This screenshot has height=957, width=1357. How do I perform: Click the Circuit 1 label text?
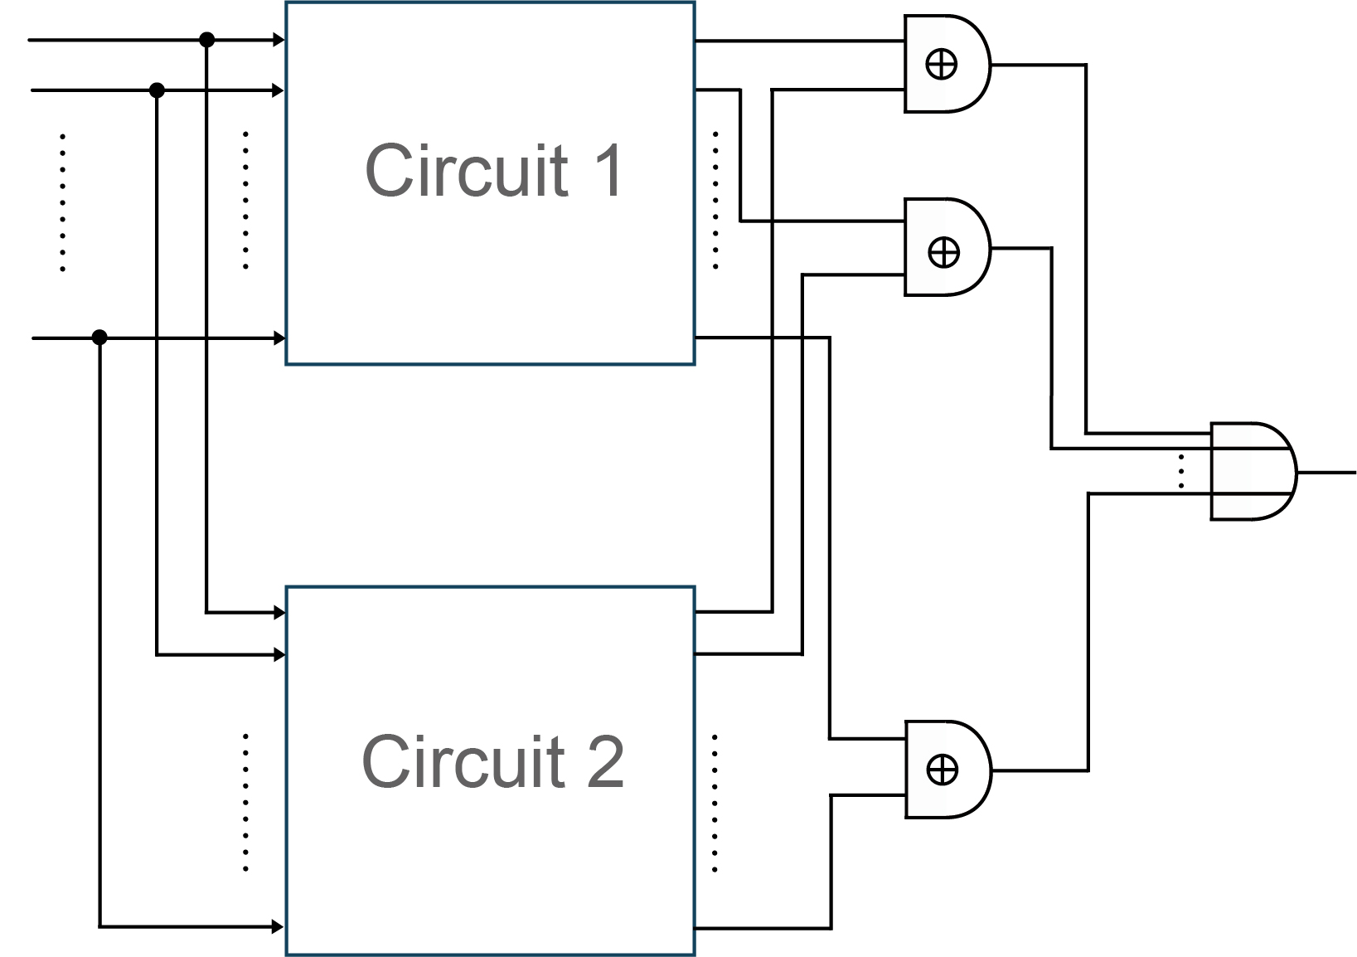tap(493, 171)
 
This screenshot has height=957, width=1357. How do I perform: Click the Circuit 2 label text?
tap(493, 761)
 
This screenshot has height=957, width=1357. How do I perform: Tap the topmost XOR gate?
tap(945, 64)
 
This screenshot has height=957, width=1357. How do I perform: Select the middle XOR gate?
tap(945, 247)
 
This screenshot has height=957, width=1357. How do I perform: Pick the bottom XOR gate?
tap(945, 770)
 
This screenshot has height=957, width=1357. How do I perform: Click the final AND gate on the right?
tap(1252, 471)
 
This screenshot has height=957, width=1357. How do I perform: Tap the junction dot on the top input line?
tap(207, 40)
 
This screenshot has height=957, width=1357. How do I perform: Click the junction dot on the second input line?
tap(157, 90)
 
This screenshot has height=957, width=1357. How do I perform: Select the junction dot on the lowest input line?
tap(99, 337)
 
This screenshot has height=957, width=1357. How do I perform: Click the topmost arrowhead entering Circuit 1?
tap(279, 40)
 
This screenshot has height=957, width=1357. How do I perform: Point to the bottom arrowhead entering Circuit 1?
tap(279, 338)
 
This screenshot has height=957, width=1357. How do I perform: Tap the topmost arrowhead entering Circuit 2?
tap(279, 613)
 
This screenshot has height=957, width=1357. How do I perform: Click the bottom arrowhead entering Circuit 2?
tap(279, 926)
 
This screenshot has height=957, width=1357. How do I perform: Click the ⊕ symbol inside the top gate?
tap(941, 64)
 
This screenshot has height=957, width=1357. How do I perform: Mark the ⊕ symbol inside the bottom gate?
tap(942, 770)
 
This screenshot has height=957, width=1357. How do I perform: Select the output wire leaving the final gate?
tap(1326, 472)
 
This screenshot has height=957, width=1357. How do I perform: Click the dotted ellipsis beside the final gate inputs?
tap(1181, 471)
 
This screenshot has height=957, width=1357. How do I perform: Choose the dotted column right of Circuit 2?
tap(715, 803)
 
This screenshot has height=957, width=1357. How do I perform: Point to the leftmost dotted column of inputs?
tap(63, 202)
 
